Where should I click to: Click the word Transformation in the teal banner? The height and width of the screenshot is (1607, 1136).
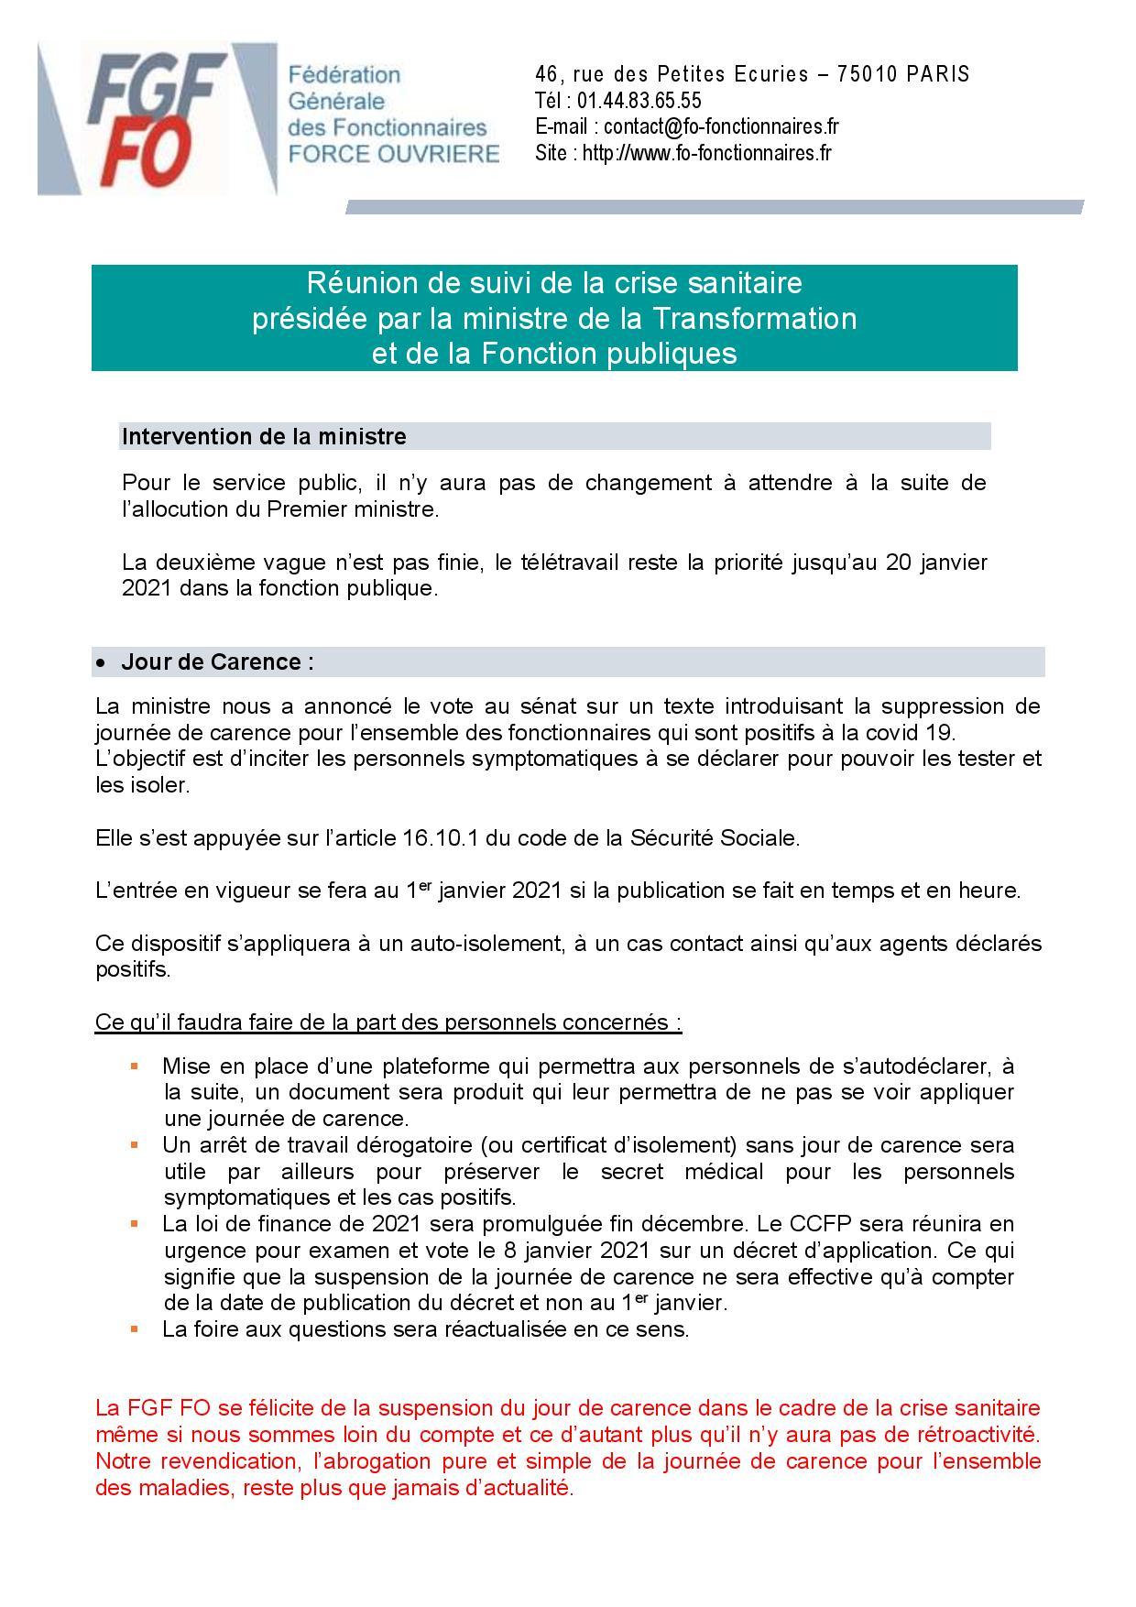click(x=754, y=318)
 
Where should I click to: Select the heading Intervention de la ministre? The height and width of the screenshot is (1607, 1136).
click(x=264, y=437)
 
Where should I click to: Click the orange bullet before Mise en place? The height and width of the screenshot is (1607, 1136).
click(x=135, y=1066)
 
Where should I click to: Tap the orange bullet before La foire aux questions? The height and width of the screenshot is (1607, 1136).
click(x=135, y=1328)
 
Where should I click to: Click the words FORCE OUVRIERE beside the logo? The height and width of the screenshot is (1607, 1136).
click(x=394, y=153)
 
